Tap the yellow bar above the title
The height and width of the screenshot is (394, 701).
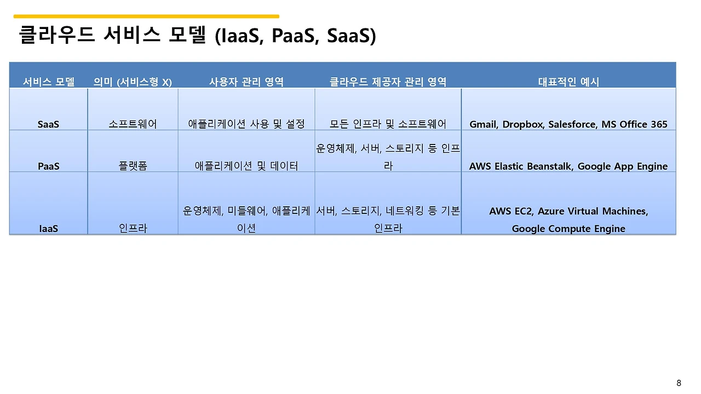pyautogui.click(x=146, y=16)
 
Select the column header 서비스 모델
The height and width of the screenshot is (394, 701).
pyautogui.click(x=49, y=82)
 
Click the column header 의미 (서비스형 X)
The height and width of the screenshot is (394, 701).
pyautogui.click(x=133, y=82)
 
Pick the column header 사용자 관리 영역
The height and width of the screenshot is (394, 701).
pyautogui.click(x=246, y=82)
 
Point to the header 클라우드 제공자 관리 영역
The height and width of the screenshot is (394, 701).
pyautogui.click(x=388, y=82)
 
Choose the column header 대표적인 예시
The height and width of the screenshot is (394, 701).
pyautogui.click(x=568, y=82)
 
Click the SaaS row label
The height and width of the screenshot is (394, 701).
pyautogui.click(x=49, y=124)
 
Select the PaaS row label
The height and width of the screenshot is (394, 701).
pyautogui.click(x=49, y=166)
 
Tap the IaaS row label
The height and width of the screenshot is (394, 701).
pyautogui.click(x=49, y=229)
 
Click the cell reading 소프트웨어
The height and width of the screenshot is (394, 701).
pyautogui.click(x=133, y=124)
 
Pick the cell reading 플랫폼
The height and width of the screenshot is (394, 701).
pyautogui.click(x=133, y=166)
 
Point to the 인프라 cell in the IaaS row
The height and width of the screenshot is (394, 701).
pyautogui.click(x=133, y=229)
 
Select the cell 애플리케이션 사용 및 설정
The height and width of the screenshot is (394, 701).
pyautogui.click(x=246, y=124)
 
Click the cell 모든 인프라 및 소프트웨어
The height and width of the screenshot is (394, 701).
pyautogui.click(x=388, y=124)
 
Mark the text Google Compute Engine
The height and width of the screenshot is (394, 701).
pyautogui.click(x=568, y=229)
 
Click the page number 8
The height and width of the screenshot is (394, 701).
pyautogui.click(x=679, y=383)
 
